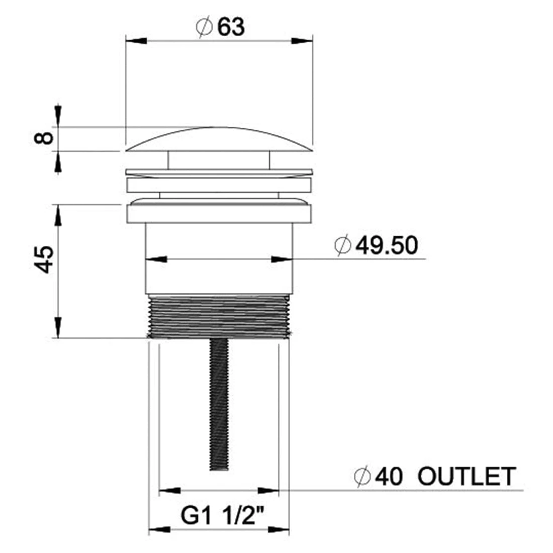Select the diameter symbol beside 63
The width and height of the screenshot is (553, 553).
(x=204, y=27)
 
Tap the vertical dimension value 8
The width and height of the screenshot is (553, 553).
(x=44, y=138)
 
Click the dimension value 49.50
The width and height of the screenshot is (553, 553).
(x=387, y=245)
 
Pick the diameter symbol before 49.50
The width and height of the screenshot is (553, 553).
(x=342, y=245)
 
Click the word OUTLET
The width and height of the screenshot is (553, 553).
(x=467, y=477)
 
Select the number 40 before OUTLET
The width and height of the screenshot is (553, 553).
(x=388, y=477)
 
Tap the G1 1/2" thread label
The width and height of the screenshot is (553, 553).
(x=223, y=515)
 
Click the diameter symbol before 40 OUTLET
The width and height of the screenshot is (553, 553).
(x=362, y=477)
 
